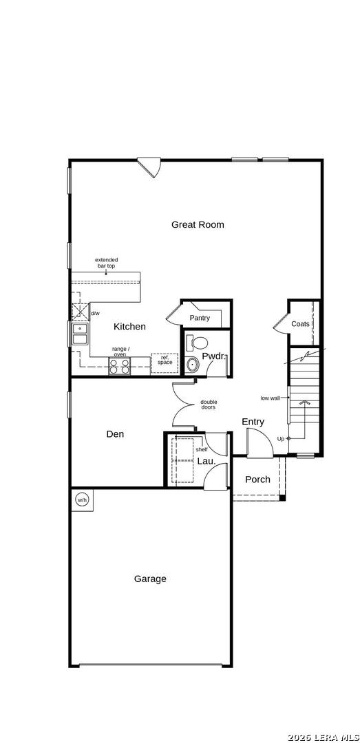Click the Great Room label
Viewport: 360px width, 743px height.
coord(198,224)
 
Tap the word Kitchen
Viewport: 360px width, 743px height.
coord(129,327)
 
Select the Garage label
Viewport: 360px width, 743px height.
coord(150,579)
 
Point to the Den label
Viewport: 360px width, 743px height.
coord(115,433)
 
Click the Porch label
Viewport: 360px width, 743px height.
coord(257,480)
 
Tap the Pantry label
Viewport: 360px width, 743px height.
coord(199,318)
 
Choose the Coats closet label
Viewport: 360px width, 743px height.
coord(300,324)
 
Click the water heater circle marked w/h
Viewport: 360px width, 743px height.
coord(82,499)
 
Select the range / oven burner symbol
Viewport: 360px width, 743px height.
coord(120,366)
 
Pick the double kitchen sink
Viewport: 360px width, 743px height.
coord(80,334)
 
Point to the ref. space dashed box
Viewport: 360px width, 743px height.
coord(165,363)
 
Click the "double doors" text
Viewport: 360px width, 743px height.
coord(209,405)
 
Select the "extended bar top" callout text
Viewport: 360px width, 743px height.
coord(106,263)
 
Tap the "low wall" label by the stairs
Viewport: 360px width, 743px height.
coord(270,398)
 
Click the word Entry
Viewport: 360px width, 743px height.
coord(253,422)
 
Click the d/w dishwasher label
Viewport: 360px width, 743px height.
coord(95,313)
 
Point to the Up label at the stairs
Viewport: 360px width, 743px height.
coord(280,439)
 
